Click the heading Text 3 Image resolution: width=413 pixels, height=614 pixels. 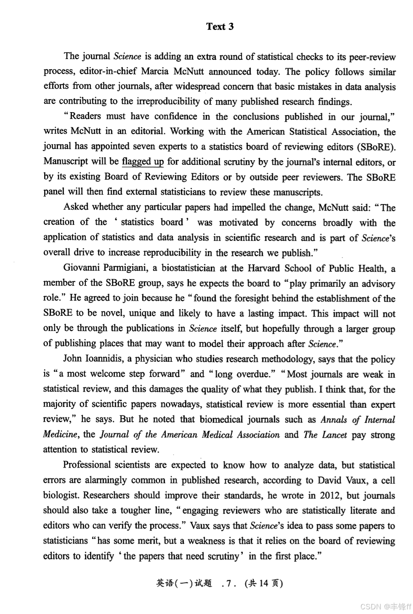pos(220,27)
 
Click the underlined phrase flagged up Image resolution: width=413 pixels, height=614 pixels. pos(143,162)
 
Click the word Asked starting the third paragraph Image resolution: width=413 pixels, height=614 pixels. pos(76,207)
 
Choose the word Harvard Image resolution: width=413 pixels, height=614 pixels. pos(264,268)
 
